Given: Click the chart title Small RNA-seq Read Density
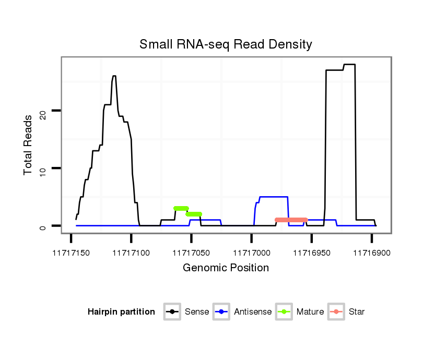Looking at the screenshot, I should (x=226, y=44).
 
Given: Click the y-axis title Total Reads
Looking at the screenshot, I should (x=29, y=145).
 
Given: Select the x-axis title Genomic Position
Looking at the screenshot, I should (x=226, y=268).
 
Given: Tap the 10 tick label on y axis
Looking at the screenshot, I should (x=43, y=168).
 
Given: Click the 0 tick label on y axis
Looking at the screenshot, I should (x=43, y=226).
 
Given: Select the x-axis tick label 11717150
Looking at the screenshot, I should (x=71, y=253).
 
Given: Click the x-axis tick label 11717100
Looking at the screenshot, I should (x=131, y=253).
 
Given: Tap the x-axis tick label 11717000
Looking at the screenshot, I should (x=252, y=253).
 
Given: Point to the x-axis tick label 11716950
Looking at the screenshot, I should (x=312, y=253).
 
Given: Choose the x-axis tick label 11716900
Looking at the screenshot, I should (x=372, y=253).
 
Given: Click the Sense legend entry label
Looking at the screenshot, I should (x=197, y=312).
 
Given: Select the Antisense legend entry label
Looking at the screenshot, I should (x=253, y=312).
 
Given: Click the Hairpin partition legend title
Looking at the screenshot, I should (x=121, y=312).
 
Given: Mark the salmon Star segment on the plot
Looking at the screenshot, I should (x=291, y=220).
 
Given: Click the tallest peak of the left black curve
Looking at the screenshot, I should (x=114, y=76).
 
